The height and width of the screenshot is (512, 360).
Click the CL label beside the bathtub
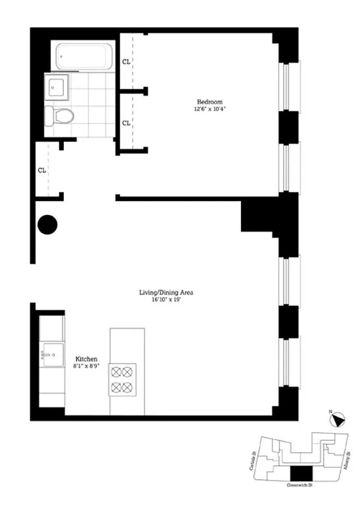pyautogui.click(x=126, y=62)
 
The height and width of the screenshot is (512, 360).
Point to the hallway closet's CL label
pyautogui.click(x=42, y=170)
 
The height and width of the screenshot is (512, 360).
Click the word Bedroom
pyautogui.click(x=209, y=102)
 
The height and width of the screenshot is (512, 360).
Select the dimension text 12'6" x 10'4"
pyautogui.click(x=210, y=109)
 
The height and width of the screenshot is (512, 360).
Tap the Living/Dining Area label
pyautogui.click(x=166, y=292)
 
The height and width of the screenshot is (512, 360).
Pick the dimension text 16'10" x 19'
pyautogui.click(x=166, y=300)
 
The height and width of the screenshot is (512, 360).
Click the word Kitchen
pyautogui.click(x=86, y=359)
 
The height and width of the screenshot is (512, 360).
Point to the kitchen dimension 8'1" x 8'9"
pyautogui.click(x=86, y=366)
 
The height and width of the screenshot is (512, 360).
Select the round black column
pyautogui.click(x=47, y=225)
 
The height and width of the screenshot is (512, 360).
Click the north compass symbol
pyautogui.click(x=337, y=420)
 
